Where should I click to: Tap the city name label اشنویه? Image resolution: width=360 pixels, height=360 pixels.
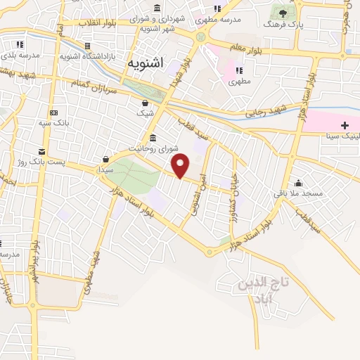coord(145,63)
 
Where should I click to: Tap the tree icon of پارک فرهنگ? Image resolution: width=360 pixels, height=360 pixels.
coord(283,12)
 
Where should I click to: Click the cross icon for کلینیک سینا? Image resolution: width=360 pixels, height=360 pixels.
coord(345,124)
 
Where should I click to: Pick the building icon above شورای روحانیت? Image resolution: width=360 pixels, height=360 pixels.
coord(153,137)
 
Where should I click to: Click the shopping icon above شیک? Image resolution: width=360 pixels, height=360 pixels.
coord(145,102)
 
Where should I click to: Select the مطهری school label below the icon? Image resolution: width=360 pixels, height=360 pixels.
coord(239,82)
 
